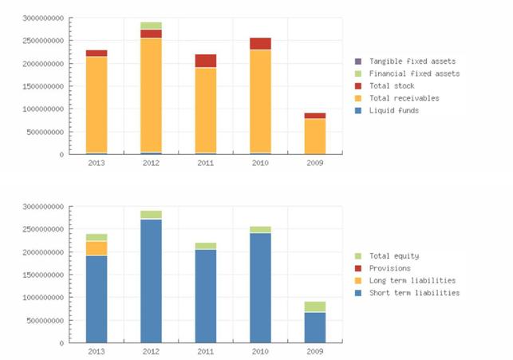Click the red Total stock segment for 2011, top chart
(x=205, y=61)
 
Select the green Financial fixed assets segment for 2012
(x=151, y=26)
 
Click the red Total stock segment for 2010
(x=260, y=44)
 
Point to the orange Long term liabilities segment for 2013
(x=97, y=248)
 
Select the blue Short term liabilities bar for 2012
(x=151, y=280)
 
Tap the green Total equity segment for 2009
(x=314, y=307)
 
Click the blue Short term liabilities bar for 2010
(x=260, y=287)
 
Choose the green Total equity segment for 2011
(x=205, y=246)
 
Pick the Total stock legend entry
(x=393, y=85)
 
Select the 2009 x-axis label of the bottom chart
(x=314, y=351)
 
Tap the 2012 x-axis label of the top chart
(x=151, y=163)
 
